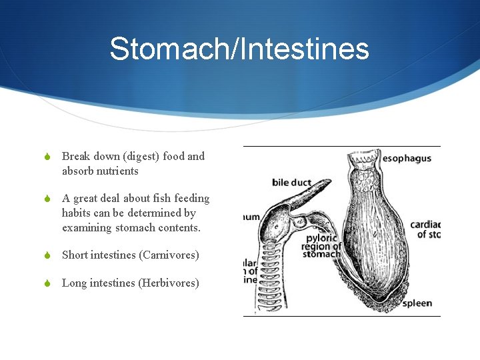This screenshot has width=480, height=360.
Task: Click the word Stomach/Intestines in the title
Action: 239,49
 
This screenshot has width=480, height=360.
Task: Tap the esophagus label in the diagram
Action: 407,159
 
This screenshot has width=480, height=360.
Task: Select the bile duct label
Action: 291,182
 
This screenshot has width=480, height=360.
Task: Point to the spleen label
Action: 417,303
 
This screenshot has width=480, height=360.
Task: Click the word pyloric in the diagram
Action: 322,238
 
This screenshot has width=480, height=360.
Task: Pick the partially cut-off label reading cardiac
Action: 425,225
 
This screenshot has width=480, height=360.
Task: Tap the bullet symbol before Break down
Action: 47,157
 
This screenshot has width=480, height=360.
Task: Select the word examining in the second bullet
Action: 85,227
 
